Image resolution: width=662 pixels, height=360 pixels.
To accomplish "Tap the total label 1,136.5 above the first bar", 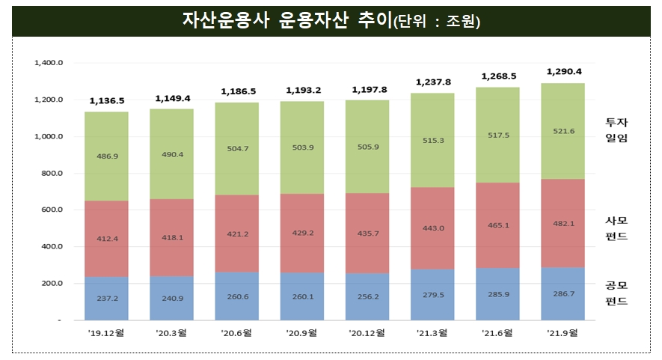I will click(x=107, y=100).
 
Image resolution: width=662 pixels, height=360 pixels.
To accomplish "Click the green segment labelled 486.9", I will click(x=107, y=156).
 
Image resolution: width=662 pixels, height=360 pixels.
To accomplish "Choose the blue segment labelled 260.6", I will click(x=238, y=296).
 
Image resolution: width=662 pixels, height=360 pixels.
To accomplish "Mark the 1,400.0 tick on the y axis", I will click(x=49, y=63).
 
